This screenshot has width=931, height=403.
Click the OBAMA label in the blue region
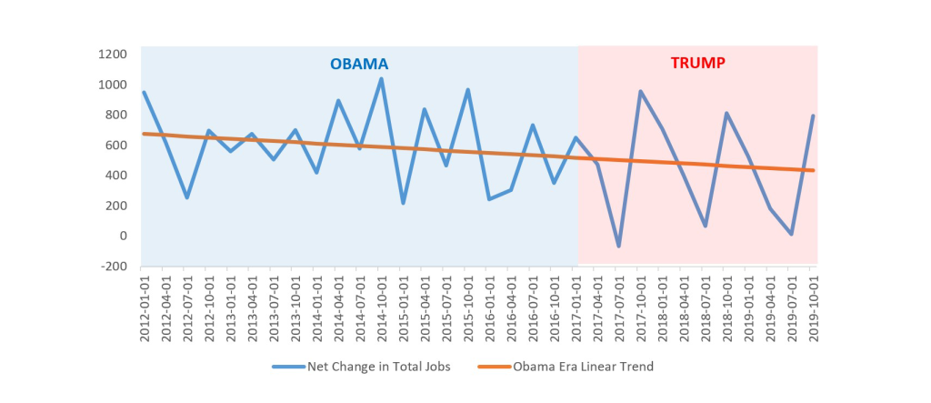[358, 65]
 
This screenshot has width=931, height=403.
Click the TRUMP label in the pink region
[697, 64]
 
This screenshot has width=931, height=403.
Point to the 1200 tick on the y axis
[114, 55]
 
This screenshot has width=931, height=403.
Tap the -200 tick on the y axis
[114, 266]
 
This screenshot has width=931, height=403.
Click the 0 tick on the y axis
[122, 236]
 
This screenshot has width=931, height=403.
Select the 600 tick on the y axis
[116, 145]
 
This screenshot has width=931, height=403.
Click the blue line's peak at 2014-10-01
[381, 78]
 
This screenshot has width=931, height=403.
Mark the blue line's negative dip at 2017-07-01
[618, 247]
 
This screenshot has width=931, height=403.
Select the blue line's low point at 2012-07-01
[186, 197]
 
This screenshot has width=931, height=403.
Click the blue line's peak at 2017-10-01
[640, 91]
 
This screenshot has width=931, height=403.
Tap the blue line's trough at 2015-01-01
[403, 203]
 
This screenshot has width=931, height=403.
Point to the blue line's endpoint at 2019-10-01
[813, 116]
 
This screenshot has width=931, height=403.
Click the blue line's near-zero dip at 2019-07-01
[791, 235]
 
